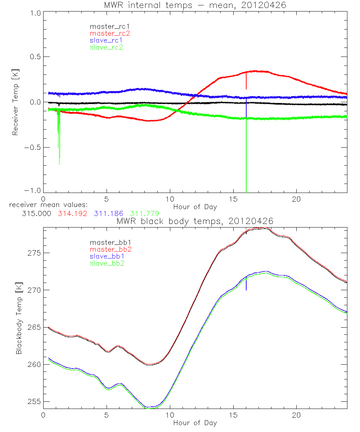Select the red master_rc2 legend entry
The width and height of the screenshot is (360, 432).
[x=110, y=33]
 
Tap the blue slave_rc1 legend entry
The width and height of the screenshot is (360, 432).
[x=106, y=40]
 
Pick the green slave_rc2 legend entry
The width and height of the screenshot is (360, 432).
[x=106, y=47]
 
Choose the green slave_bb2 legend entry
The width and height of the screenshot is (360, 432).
[x=108, y=264]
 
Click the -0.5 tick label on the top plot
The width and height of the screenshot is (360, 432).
[x=33, y=148]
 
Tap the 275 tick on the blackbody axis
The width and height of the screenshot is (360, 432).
[x=35, y=253]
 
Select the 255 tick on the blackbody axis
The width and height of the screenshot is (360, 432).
[x=35, y=402]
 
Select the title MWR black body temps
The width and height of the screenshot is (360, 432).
[x=195, y=221]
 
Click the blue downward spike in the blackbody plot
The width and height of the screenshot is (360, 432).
[x=246, y=284]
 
